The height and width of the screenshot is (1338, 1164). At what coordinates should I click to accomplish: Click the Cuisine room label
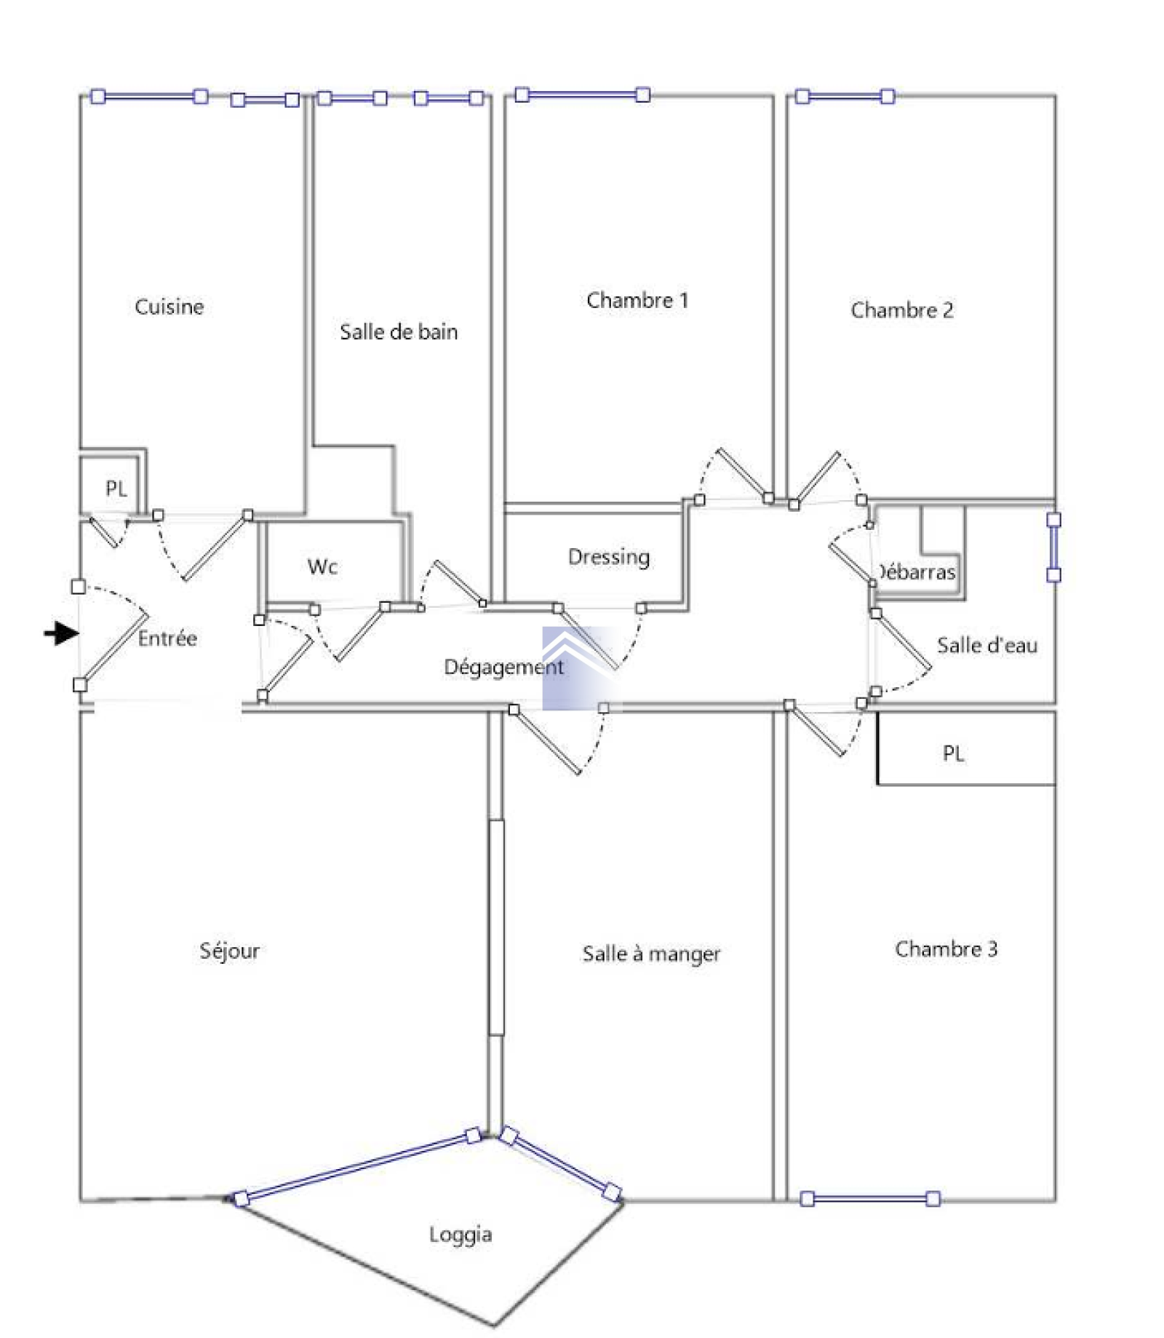click(x=169, y=306)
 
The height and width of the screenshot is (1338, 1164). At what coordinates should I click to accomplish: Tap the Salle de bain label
click(x=399, y=332)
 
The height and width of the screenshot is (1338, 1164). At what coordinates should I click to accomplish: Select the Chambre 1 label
click(x=637, y=300)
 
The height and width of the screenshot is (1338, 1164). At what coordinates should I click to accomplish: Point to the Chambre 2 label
click(x=902, y=310)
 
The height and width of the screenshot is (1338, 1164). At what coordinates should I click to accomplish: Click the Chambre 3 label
click(x=946, y=949)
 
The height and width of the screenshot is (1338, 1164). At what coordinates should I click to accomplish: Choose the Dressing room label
click(x=609, y=558)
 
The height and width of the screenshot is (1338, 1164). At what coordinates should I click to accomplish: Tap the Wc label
click(x=322, y=566)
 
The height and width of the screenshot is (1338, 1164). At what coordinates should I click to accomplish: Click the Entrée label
click(x=167, y=638)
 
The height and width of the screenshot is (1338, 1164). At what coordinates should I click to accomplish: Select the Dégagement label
click(x=503, y=668)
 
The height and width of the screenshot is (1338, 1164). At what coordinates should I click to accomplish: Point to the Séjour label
click(x=229, y=951)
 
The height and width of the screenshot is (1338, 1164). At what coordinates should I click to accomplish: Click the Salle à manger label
click(x=651, y=954)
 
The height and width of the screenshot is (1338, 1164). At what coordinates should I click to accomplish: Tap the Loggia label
click(x=461, y=1235)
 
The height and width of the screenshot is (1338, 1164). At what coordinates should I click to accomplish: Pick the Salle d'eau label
click(x=986, y=645)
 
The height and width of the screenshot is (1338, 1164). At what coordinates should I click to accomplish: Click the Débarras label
click(x=917, y=572)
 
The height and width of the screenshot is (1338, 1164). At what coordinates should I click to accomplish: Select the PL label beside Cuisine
click(x=116, y=488)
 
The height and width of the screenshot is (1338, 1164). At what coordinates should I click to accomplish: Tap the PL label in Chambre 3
click(x=953, y=753)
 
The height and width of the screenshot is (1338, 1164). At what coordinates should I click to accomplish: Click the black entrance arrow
click(x=61, y=633)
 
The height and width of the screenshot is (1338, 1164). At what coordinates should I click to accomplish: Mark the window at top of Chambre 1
click(x=583, y=95)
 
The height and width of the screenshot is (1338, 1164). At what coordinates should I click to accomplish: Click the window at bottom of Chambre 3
click(x=870, y=1199)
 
